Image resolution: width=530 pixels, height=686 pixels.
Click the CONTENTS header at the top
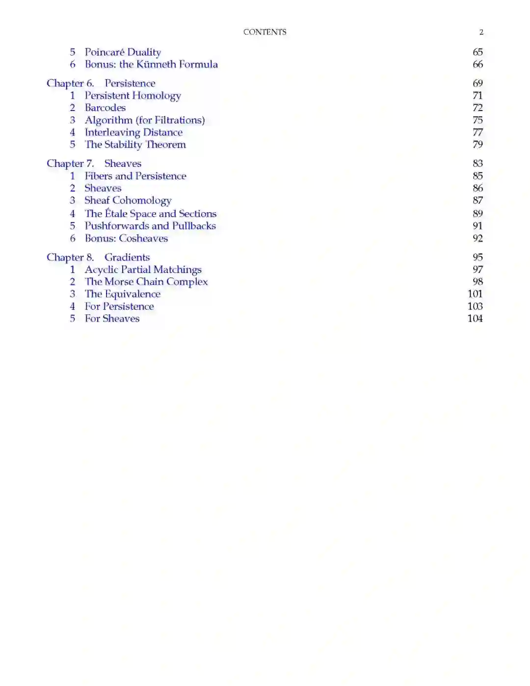tap(265, 32)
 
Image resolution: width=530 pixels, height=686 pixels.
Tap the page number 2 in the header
tap(481, 32)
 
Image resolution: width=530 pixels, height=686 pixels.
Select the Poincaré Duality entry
tap(123, 52)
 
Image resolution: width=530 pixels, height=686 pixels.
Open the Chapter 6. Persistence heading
tap(101, 83)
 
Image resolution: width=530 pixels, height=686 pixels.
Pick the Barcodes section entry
tap(105, 108)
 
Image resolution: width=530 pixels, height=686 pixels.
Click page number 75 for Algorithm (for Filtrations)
tap(477, 120)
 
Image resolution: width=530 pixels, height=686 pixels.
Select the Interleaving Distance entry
tap(133, 132)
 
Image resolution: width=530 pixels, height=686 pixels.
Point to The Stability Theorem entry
tap(135, 144)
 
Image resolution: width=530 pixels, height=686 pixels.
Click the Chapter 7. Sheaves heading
tap(94, 164)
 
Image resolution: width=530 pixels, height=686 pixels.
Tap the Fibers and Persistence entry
tap(135, 176)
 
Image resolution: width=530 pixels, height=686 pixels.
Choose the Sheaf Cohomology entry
tap(128, 200)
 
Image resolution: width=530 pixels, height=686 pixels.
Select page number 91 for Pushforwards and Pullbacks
tap(477, 226)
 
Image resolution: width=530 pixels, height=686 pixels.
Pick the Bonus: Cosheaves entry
tap(126, 238)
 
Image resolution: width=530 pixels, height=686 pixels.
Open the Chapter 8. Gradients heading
tap(98, 257)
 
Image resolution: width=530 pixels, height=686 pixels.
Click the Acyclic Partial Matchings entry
tap(143, 270)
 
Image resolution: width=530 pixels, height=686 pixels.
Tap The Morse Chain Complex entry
tap(146, 282)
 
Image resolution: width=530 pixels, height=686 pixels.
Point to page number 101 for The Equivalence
tap(475, 294)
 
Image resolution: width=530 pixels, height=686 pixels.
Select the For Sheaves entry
tap(112, 318)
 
